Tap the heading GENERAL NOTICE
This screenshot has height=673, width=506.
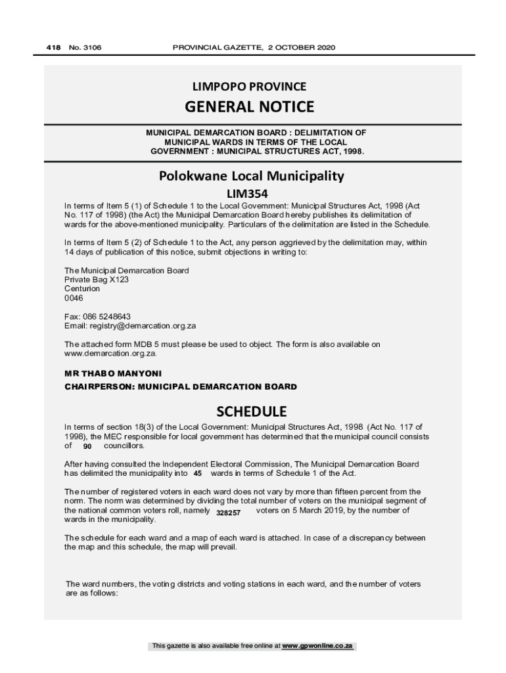[x=249, y=106]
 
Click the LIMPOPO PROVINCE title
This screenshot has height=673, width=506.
[x=249, y=86]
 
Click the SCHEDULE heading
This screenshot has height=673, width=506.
[x=252, y=411]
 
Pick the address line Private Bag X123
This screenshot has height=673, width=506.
[x=97, y=279]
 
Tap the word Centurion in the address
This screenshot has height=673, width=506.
[x=82, y=289]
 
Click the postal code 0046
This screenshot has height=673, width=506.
[x=74, y=298]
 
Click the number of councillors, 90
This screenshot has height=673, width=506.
[x=87, y=446]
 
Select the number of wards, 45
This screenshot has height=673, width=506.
[x=198, y=473]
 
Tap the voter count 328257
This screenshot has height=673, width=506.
[x=229, y=511]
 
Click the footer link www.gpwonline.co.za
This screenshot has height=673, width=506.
[x=318, y=646]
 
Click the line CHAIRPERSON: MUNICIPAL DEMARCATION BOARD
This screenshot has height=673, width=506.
[x=181, y=386]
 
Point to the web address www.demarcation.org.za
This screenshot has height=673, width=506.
[x=110, y=353]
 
